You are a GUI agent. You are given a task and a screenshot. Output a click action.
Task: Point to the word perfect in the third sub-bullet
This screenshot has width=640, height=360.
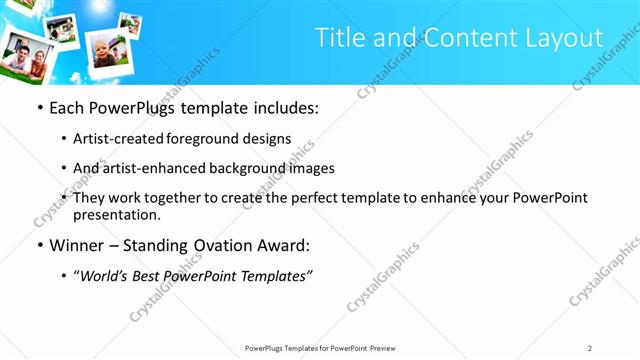point(298,198)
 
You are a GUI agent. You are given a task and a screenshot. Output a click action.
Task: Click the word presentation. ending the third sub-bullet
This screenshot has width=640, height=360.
point(116,214)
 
